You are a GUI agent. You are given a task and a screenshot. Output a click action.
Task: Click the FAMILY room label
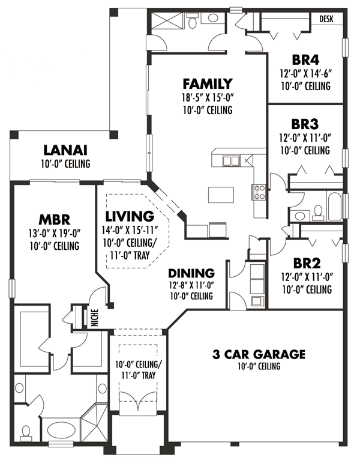point(208,83)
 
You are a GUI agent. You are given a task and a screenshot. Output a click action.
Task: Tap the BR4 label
point(305,60)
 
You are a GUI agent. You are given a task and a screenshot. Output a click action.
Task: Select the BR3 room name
point(305,124)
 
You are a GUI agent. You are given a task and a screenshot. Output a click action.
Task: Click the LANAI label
point(65,150)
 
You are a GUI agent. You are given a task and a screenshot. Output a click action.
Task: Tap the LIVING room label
point(129,216)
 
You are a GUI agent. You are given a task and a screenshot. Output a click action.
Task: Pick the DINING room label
point(191,273)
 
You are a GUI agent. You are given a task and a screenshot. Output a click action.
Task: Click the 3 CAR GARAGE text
point(259,354)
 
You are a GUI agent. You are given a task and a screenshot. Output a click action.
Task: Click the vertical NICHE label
point(95,318)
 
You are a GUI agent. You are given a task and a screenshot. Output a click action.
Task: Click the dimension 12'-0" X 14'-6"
point(305,74)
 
